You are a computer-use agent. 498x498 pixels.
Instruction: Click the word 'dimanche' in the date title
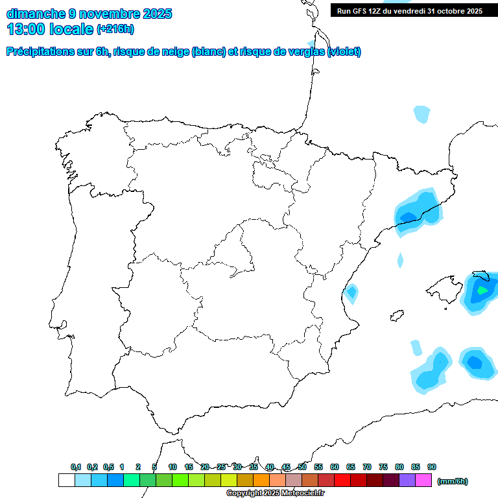pyautogui.click(x=35, y=14)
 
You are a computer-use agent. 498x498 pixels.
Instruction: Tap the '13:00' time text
pyautogui.click(x=25, y=29)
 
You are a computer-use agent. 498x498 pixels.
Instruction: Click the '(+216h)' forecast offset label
pyautogui.click(x=115, y=29)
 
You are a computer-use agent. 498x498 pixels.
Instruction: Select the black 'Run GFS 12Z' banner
pyautogui.click(x=409, y=11)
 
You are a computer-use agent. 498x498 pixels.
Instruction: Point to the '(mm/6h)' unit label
pyautogui.click(x=452, y=481)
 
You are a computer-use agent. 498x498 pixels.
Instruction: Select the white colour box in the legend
pyautogui.click(x=66, y=480)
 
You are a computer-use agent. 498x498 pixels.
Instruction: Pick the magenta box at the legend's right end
pyautogui.click(x=423, y=480)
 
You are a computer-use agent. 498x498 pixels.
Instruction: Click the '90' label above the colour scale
pyautogui.click(x=432, y=467)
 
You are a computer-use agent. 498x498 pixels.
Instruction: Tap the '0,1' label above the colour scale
pyautogui.click(x=76, y=467)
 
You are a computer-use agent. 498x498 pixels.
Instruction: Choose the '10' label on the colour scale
pyautogui.click(x=172, y=467)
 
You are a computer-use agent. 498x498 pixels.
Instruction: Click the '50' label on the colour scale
pyautogui.click(x=302, y=467)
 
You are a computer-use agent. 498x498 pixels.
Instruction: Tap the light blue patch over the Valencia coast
pyautogui.click(x=351, y=293)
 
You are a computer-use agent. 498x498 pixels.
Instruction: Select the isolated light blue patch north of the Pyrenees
pyautogui.click(x=421, y=114)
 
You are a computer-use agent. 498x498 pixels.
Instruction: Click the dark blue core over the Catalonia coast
pyautogui.click(x=409, y=217)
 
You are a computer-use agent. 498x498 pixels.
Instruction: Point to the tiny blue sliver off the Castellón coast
pyautogui.click(x=400, y=261)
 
